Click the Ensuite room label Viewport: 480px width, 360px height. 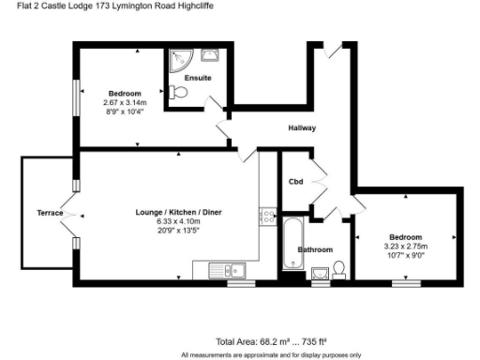[x=198, y=77]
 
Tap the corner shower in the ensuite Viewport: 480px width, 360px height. [x=177, y=59]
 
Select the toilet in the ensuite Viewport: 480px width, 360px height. [x=179, y=94]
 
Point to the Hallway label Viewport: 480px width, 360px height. [x=302, y=127]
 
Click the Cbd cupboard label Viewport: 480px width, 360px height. [x=295, y=181]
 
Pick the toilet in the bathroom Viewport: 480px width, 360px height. [x=339, y=270]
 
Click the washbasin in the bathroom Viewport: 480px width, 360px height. [x=320, y=273]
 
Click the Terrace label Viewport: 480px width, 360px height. [x=50, y=213]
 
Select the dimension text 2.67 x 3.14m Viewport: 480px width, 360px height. [x=125, y=102]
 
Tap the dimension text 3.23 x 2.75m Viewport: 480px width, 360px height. [x=406, y=246]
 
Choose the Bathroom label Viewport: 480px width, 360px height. [x=315, y=250]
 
